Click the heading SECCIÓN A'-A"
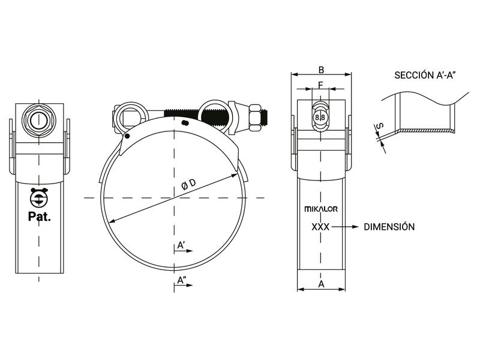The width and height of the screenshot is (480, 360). [426, 75]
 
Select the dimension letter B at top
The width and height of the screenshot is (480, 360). [321, 68]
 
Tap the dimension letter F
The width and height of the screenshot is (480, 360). [321, 85]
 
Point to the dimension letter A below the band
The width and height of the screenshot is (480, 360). [321, 283]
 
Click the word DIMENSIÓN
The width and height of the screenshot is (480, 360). [389, 227]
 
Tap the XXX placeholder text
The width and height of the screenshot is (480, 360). [321, 227]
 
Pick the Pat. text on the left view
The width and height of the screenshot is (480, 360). [40, 217]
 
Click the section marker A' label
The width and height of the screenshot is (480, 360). [181, 245]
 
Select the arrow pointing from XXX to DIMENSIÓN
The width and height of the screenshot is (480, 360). [346, 227]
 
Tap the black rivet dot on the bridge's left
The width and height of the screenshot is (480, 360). [127, 136]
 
